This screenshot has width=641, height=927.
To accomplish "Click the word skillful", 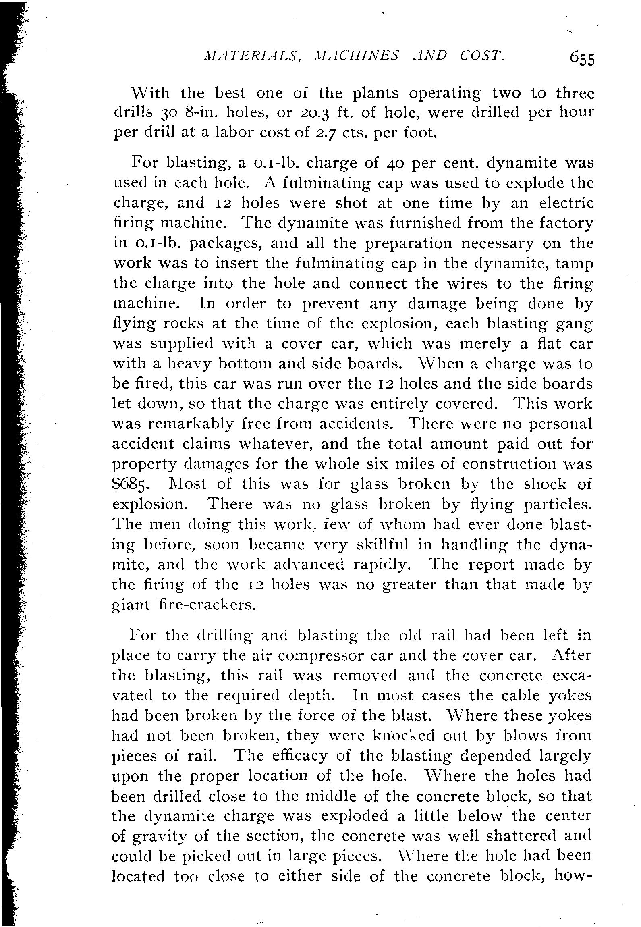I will pos(383,545).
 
